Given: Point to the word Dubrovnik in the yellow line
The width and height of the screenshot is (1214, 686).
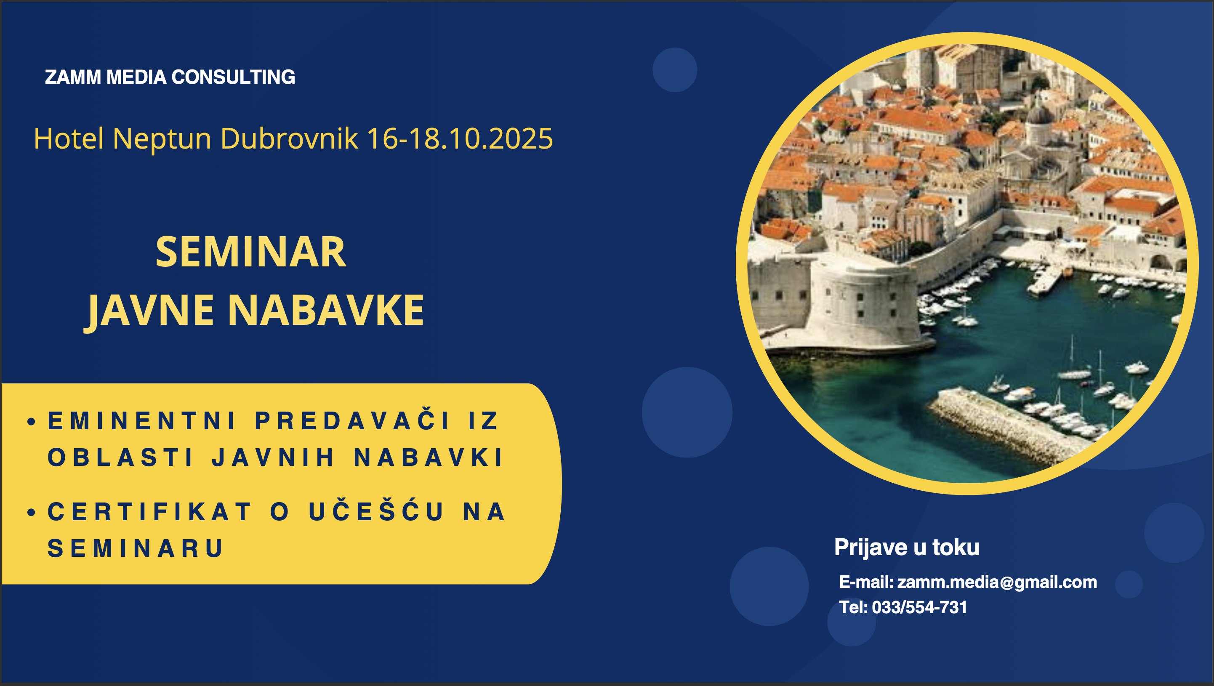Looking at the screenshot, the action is click(x=289, y=138).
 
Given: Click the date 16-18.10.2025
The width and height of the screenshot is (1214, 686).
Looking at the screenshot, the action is click(x=460, y=138).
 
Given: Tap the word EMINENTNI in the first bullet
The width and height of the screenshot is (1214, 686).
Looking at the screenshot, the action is click(x=141, y=421).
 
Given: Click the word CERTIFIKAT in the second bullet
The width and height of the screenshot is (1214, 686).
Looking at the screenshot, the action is click(x=150, y=512).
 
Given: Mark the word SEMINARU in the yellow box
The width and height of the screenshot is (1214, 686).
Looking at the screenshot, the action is click(x=135, y=548).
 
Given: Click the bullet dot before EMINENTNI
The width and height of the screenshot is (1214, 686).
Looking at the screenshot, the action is click(x=32, y=421).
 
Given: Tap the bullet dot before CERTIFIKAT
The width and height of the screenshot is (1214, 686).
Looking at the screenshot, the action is click(x=32, y=512).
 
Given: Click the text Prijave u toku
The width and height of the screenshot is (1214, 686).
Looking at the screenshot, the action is click(x=907, y=547).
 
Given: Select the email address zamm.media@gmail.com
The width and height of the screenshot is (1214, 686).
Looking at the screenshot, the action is click(x=997, y=582).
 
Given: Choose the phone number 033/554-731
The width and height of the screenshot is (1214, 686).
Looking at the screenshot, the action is click(x=919, y=607).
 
